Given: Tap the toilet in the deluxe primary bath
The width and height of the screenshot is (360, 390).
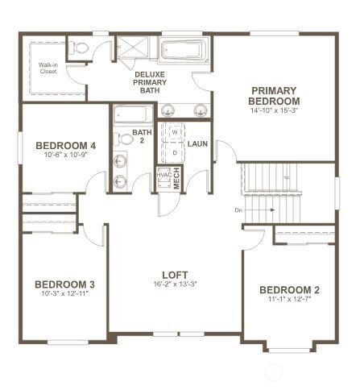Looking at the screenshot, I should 79,49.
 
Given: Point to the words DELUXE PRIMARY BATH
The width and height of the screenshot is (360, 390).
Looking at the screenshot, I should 150,81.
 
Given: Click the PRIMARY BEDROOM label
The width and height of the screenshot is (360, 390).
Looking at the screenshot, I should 275,95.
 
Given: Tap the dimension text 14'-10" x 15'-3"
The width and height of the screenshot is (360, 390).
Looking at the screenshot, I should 275,110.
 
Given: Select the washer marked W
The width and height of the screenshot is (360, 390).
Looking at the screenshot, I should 173,134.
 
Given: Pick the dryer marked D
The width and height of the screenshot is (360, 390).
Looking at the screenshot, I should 173,151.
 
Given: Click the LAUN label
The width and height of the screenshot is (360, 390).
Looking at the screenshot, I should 198,144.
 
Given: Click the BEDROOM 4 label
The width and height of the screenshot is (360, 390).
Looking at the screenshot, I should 66,145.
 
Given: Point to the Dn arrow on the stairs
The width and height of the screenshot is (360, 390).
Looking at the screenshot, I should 262,210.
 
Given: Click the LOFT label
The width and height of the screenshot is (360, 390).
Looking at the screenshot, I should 175,273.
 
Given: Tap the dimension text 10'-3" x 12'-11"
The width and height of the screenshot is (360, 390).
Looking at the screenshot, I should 65,294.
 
